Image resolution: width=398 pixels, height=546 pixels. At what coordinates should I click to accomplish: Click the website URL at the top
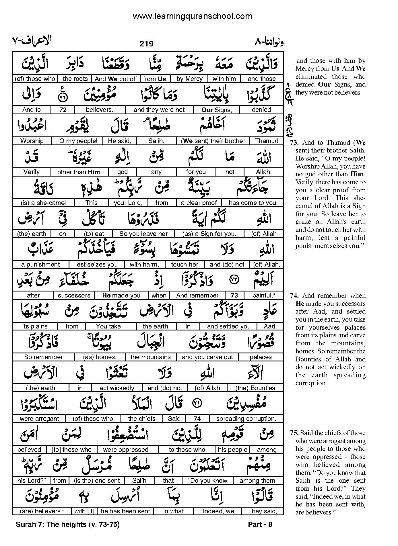[193, 16]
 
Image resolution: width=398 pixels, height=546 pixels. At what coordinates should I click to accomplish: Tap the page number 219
[146, 44]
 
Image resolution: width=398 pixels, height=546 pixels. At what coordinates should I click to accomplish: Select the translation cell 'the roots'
[75, 79]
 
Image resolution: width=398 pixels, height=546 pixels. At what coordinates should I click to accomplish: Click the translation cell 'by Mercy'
[189, 79]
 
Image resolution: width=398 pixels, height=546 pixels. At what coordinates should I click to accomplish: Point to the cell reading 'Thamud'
[267, 141]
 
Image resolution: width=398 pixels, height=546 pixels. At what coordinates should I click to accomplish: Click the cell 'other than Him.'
[79, 172]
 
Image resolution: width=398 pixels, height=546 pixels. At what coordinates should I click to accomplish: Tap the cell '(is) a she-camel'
[43, 203]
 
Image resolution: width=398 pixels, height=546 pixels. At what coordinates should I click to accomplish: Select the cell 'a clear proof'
[199, 203]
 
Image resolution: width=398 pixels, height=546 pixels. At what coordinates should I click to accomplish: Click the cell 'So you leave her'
[143, 234]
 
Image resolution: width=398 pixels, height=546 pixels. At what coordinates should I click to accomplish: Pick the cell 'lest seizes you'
[96, 265]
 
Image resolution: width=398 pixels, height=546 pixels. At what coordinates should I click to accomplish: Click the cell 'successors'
[74, 295]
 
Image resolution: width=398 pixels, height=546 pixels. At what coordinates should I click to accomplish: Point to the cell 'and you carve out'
[207, 357]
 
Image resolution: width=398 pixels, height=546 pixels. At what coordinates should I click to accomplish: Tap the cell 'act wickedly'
[117, 388]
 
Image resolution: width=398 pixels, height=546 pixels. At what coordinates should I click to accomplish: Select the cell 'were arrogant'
[39, 419]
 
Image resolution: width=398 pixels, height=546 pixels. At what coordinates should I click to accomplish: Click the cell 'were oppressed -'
[126, 450]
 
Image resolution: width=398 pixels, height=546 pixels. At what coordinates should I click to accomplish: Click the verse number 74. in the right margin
[295, 296]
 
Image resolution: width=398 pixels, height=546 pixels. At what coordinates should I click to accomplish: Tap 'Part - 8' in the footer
[260, 525]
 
